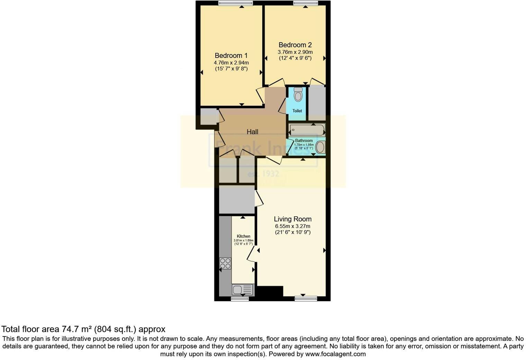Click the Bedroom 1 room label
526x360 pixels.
coord(231,55)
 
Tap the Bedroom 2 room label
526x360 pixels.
coord(295,45)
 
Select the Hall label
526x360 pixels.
coord(252,132)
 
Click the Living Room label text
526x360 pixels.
coord(292,219)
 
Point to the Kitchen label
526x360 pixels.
coord(243,236)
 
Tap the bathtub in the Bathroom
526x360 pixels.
coord(307,130)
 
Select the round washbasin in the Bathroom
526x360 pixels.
coord(320,147)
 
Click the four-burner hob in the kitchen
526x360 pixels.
coord(225,263)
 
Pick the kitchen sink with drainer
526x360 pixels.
coord(242,289)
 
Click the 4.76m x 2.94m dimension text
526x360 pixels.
coord(231,63)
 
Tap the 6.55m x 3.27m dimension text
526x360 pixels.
coord(292,226)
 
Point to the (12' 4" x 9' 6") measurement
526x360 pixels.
coord(295,58)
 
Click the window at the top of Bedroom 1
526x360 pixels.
coord(235,3)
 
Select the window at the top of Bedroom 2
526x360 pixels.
coord(305,3)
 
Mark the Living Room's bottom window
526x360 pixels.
coord(306,298)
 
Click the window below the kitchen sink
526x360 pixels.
coord(240,298)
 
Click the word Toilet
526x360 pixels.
coord(297,111)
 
